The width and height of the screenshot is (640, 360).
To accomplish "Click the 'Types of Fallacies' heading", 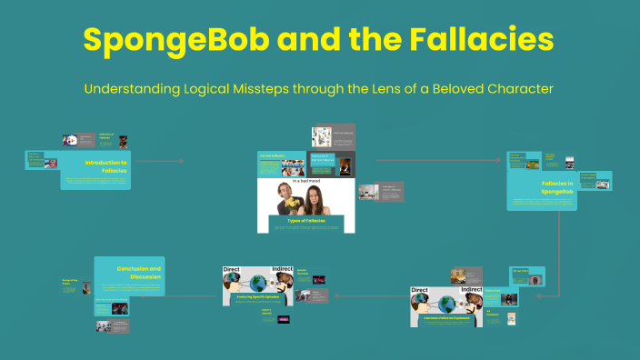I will [x=305, y=220].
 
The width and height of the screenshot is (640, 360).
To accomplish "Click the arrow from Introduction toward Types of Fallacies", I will [x=164, y=161].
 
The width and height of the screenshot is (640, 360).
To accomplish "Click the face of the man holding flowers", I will [x=284, y=190].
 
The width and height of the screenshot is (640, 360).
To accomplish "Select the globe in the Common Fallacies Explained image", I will [x=445, y=304].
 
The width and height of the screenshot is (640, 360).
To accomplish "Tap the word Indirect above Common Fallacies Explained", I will [x=472, y=290].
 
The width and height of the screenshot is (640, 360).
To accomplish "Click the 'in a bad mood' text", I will [x=305, y=181].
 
